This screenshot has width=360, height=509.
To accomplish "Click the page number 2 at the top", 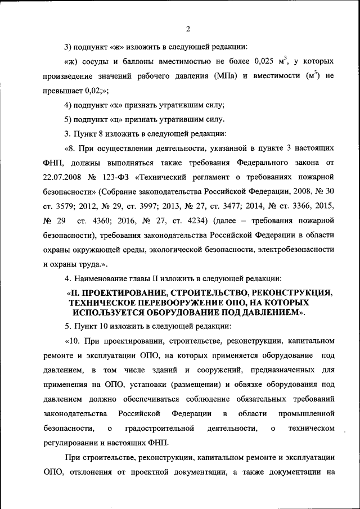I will pyautogui.click(x=188, y=29).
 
